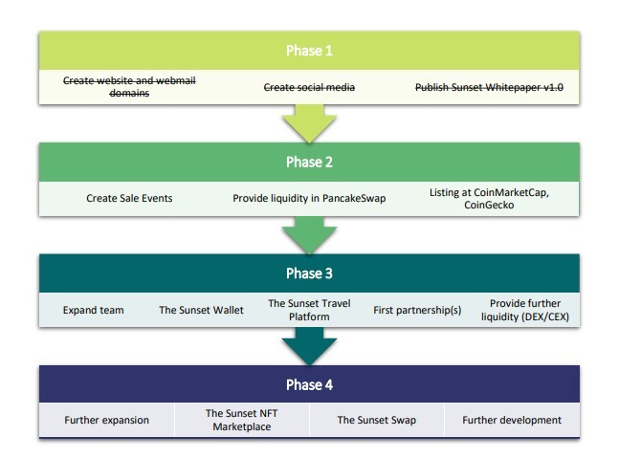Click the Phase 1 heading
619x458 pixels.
pyautogui.click(x=309, y=51)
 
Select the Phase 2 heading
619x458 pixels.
pyautogui.click(x=309, y=163)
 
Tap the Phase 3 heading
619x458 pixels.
pyautogui.click(x=309, y=273)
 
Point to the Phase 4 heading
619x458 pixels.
pyautogui.click(x=309, y=384)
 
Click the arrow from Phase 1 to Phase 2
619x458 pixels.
pyautogui.click(x=309, y=123)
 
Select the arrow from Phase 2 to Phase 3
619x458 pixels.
pyautogui.click(x=309, y=234)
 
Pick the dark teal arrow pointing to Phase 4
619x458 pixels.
pyautogui.click(x=309, y=346)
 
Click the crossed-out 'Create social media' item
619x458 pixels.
pyautogui.click(x=309, y=87)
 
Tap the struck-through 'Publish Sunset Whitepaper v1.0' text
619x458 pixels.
pyautogui.click(x=489, y=87)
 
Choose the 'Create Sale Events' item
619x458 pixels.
pyautogui.click(x=129, y=198)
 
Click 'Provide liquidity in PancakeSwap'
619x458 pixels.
pyautogui.click(x=309, y=198)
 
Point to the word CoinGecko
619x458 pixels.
pyautogui.click(x=489, y=206)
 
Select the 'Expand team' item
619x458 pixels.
pyautogui.click(x=93, y=311)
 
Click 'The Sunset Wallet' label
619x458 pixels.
pyautogui.click(x=201, y=310)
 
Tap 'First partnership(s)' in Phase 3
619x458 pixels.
pyautogui.click(x=417, y=311)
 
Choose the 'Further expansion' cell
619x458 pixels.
pyautogui.click(x=106, y=420)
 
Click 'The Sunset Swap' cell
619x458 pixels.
pyautogui.click(x=377, y=420)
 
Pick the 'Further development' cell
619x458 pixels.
pyautogui.click(x=512, y=420)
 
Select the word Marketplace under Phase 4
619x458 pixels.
pyautogui.click(x=242, y=426)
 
